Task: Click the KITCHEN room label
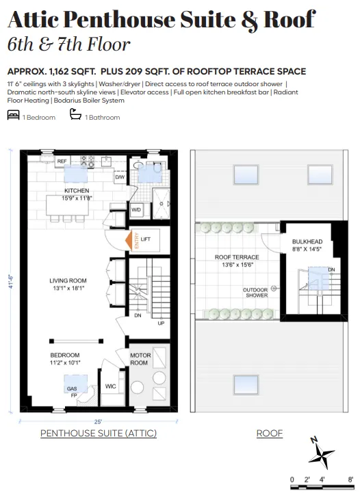click(76, 190)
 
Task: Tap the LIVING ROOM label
click(68, 280)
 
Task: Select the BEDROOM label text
click(65, 355)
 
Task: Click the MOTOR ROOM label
click(140, 359)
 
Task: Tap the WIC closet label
click(111, 386)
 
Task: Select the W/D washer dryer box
click(136, 210)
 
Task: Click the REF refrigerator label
click(62, 161)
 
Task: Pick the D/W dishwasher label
click(120, 177)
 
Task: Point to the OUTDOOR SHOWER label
click(255, 293)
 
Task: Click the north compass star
click(321, 454)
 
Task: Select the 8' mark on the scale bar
click(350, 479)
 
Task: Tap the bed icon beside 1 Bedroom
click(13, 117)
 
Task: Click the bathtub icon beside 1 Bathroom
click(75, 117)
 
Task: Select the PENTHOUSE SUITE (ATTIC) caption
click(99, 434)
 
